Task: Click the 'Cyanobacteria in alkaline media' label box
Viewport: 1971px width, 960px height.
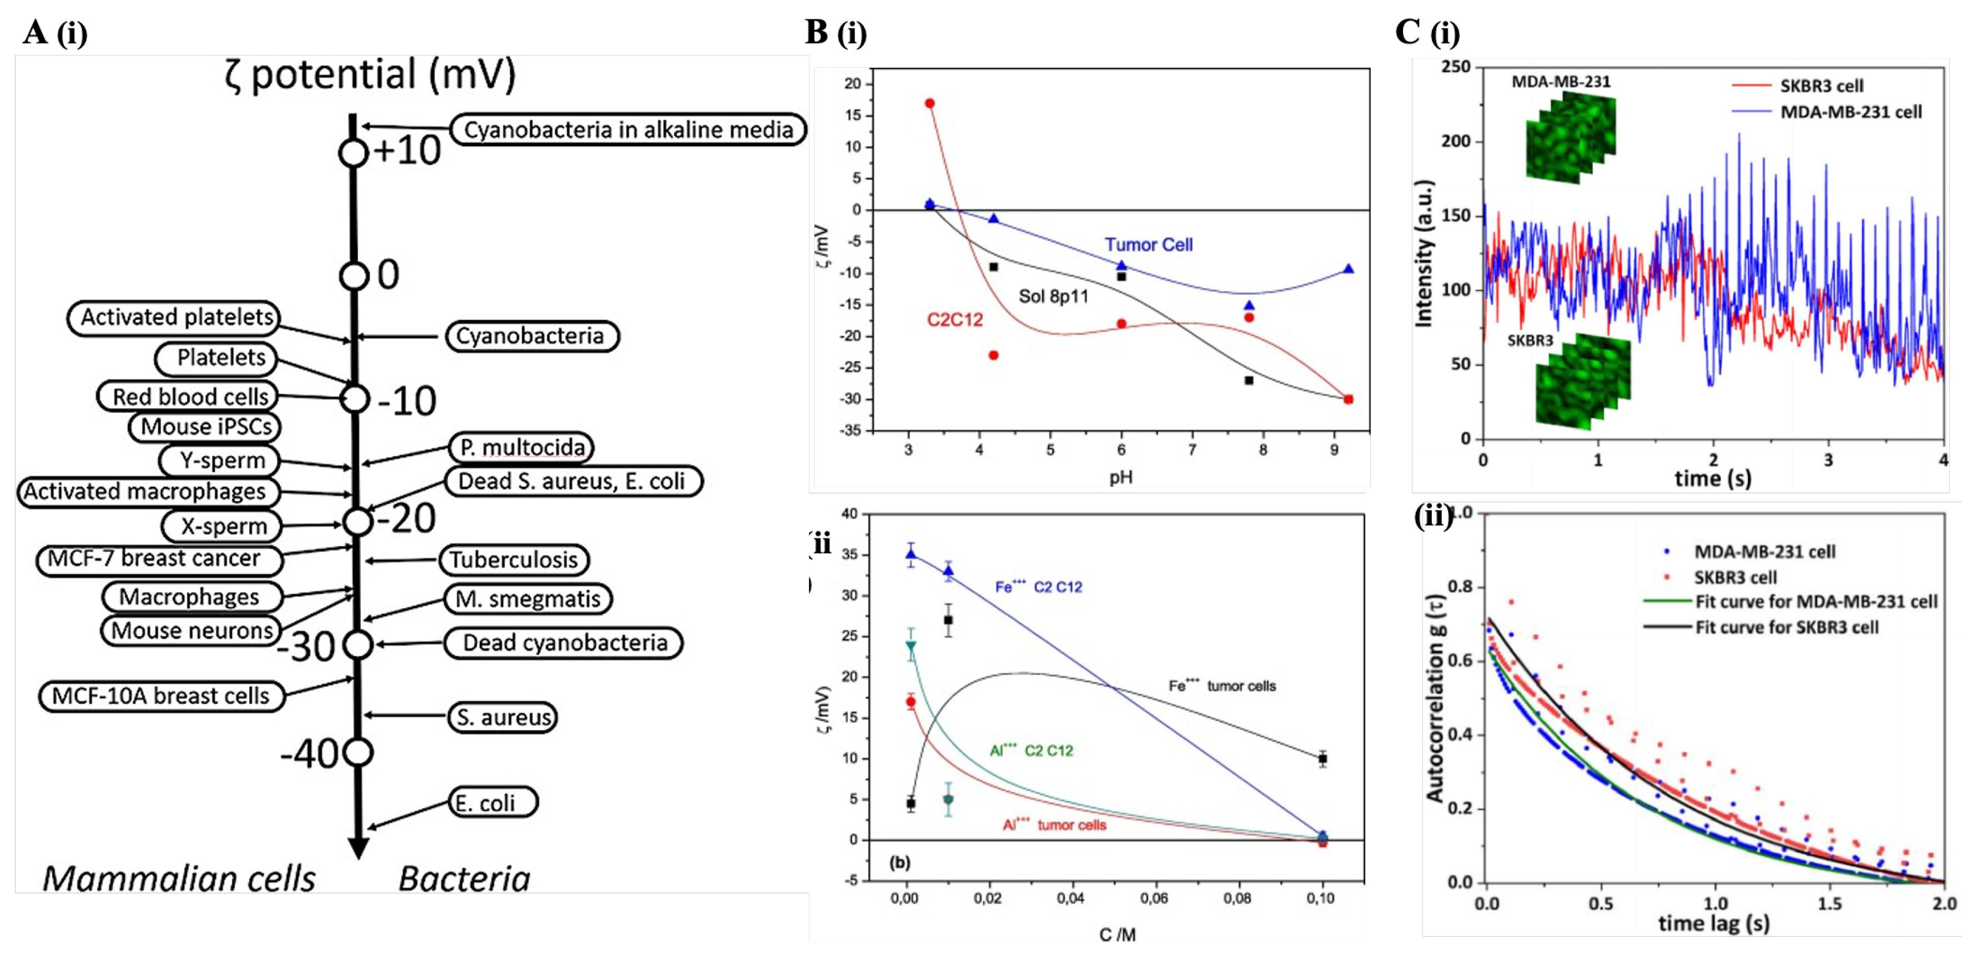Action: (627, 129)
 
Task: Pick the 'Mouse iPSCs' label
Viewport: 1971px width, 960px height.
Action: (204, 427)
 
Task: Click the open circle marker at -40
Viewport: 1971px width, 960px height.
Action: (358, 753)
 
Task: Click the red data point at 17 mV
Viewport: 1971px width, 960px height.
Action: (929, 103)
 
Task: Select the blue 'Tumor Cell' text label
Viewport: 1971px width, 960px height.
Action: (1148, 245)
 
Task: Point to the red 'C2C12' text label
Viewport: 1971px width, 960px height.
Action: (955, 320)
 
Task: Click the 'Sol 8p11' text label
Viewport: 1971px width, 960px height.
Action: (1053, 296)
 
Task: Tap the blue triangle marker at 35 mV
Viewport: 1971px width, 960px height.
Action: (911, 555)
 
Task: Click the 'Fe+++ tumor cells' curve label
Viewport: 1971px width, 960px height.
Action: (1222, 686)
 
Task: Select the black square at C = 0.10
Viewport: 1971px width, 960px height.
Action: (1322, 759)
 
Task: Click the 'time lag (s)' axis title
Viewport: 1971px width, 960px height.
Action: (1713, 923)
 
